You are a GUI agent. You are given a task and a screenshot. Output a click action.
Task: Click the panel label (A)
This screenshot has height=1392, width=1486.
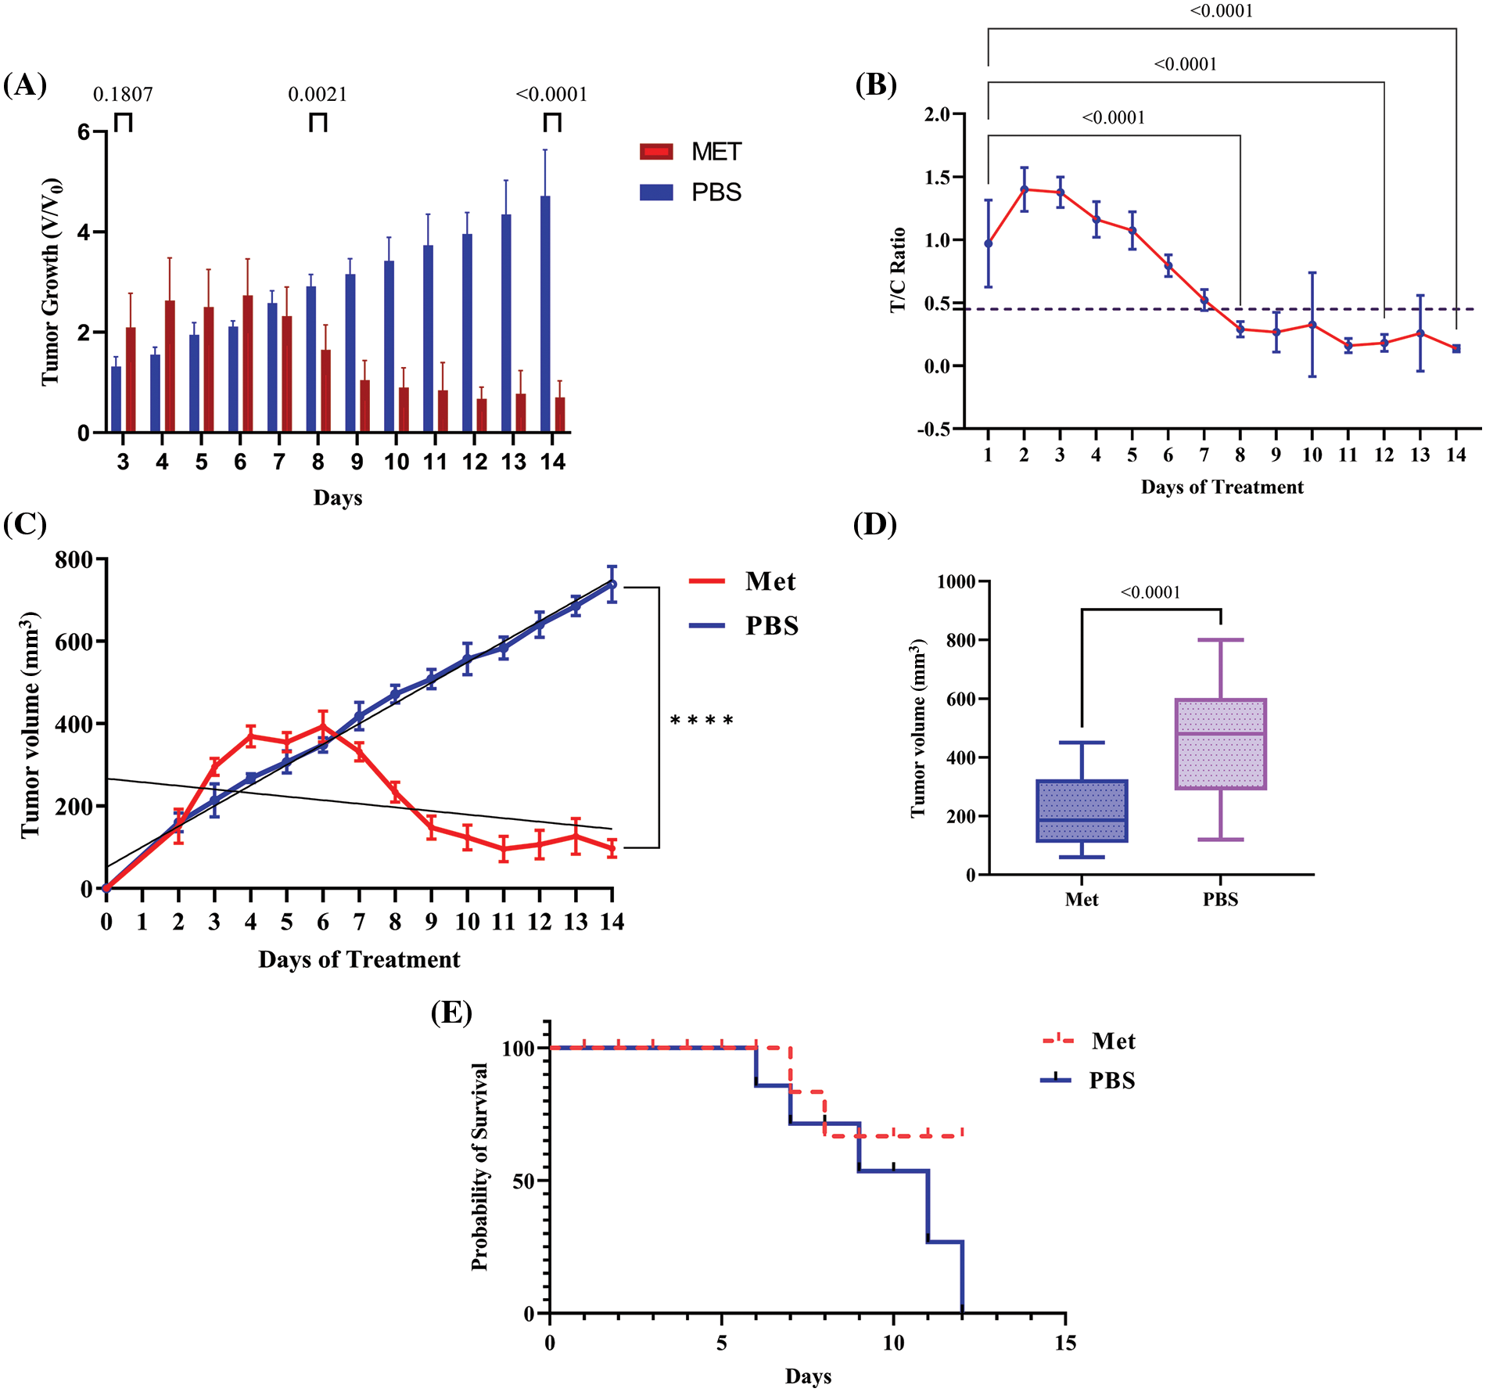[25, 85]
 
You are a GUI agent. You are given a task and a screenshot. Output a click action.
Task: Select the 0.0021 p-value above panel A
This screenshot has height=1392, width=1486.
[318, 95]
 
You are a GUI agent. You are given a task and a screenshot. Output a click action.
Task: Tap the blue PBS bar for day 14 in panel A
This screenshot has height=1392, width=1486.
[545, 313]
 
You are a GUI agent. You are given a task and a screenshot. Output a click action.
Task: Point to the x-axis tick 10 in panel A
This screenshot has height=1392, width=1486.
[397, 462]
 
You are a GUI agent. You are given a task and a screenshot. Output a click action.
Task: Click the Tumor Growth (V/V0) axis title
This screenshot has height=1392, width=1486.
[52, 282]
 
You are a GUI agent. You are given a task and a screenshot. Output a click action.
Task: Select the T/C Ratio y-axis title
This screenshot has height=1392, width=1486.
[898, 270]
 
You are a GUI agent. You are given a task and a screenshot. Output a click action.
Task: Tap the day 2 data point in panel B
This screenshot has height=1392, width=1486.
[1024, 189]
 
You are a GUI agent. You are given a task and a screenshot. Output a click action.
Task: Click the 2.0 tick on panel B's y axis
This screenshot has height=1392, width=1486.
[937, 115]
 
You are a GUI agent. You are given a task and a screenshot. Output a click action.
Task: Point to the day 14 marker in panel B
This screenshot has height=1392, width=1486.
[1456, 349]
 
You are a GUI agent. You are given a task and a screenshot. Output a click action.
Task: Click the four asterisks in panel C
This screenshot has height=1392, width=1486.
[702, 721]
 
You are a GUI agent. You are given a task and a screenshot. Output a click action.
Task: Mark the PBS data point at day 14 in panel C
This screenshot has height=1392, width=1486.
[612, 584]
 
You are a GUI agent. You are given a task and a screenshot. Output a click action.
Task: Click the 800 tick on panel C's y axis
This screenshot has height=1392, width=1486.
[74, 559]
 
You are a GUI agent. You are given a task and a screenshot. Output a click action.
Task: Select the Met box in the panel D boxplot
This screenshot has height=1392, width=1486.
[1082, 811]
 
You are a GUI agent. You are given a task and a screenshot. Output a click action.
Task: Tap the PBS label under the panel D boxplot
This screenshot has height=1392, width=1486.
[1220, 900]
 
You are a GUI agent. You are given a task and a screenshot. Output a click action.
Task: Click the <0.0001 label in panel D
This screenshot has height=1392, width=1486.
[1150, 592]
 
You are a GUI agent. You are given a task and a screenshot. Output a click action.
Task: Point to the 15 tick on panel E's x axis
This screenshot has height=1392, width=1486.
[1065, 1343]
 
